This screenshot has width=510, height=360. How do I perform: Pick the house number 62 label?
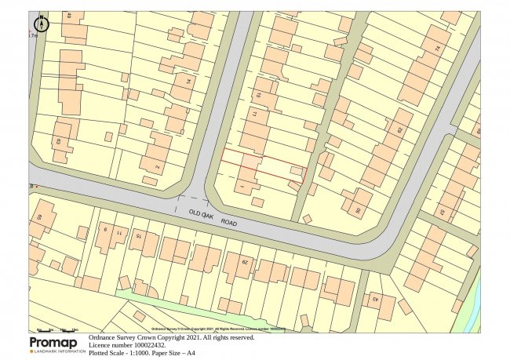click(x=399, y=131)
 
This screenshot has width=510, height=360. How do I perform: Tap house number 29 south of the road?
click(x=244, y=262)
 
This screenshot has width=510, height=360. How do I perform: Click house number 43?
click(x=374, y=298)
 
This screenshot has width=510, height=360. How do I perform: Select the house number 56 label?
click(x=359, y=210)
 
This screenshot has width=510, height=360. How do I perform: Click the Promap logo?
click(x=56, y=344)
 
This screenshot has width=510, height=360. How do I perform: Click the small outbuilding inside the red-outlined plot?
click(x=295, y=169)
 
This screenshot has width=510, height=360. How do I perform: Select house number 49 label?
click(x=70, y=16)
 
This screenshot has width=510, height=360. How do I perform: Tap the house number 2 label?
click(x=158, y=166)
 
